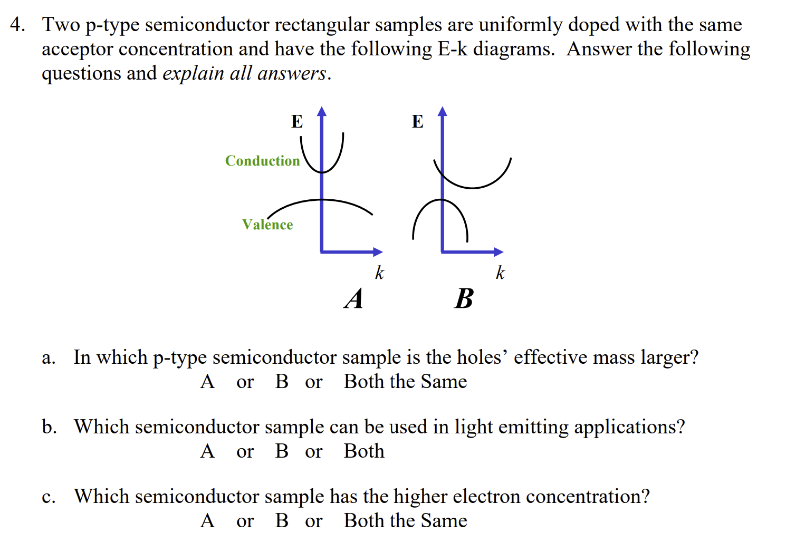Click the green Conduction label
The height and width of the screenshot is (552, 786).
262,161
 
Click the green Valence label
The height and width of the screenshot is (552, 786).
267,225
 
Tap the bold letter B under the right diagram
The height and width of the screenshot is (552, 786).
464,299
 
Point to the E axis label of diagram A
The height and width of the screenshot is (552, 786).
297,122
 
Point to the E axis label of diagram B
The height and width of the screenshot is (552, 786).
417,122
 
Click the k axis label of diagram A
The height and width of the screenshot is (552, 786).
379,273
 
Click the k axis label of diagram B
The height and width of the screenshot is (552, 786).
500,273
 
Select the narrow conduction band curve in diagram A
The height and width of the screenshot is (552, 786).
340,153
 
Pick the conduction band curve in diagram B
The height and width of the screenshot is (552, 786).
472,188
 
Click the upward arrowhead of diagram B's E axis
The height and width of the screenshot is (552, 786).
443,111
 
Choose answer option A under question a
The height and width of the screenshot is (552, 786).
207,382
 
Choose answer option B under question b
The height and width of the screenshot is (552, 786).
282,451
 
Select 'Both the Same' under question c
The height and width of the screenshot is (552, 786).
405,521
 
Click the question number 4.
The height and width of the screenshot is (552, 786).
17,25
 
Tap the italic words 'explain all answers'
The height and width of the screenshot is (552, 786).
245,73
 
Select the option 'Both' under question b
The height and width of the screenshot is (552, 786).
364,451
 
